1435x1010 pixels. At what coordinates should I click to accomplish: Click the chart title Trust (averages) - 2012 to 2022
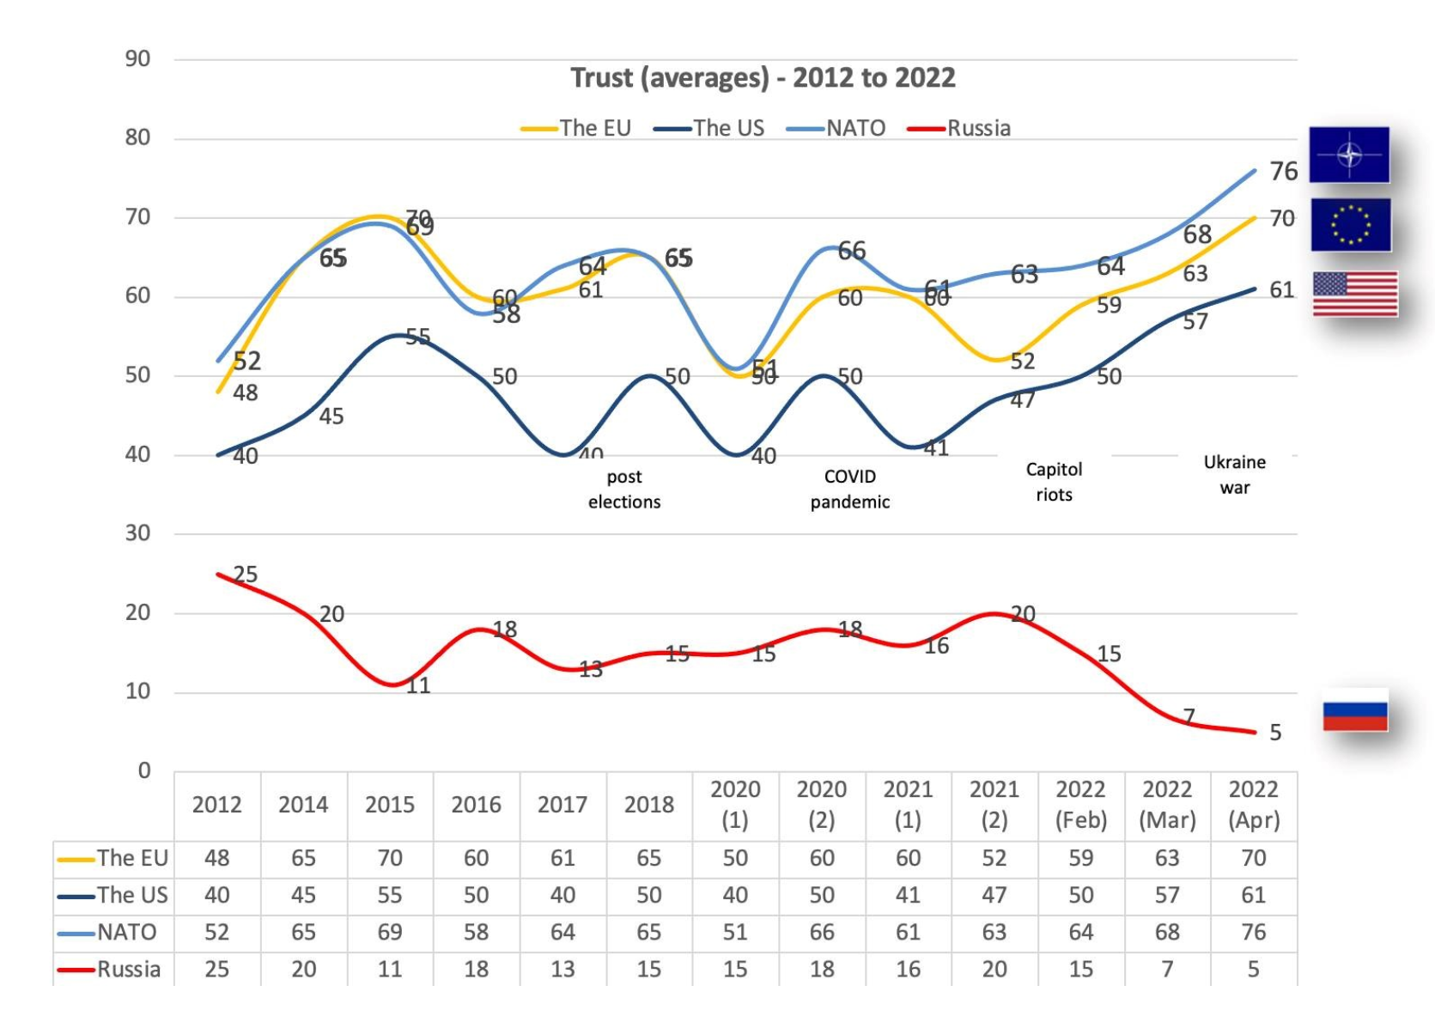pyautogui.click(x=763, y=78)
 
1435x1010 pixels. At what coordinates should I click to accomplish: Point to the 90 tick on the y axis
pyautogui.click(x=137, y=59)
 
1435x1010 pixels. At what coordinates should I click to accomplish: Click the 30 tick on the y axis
pyautogui.click(x=137, y=533)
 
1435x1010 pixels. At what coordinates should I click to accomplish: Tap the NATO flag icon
pyautogui.click(x=1348, y=155)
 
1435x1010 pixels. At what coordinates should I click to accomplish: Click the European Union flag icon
pyautogui.click(x=1350, y=225)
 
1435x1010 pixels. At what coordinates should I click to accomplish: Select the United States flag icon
pyautogui.click(x=1354, y=294)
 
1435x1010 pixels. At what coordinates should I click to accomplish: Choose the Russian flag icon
pyautogui.click(x=1354, y=710)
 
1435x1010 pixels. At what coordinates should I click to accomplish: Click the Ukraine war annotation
pyautogui.click(x=1234, y=475)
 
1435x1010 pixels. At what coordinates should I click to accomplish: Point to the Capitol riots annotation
pyautogui.click(x=1054, y=482)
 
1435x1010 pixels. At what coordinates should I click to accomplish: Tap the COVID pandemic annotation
pyautogui.click(x=849, y=490)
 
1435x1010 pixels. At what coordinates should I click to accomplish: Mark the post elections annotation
pyautogui.click(x=624, y=490)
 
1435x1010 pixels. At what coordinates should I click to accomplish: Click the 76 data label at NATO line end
pyautogui.click(x=1283, y=172)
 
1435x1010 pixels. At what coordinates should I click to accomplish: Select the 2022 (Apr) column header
pyautogui.click(x=1253, y=805)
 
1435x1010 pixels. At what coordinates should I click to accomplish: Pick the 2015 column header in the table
pyautogui.click(x=390, y=805)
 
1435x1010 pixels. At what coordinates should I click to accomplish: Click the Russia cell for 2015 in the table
pyautogui.click(x=390, y=969)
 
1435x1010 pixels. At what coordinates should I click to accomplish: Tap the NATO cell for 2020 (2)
pyautogui.click(x=822, y=932)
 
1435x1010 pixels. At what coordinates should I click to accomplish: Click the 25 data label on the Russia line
pyautogui.click(x=246, y=575)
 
